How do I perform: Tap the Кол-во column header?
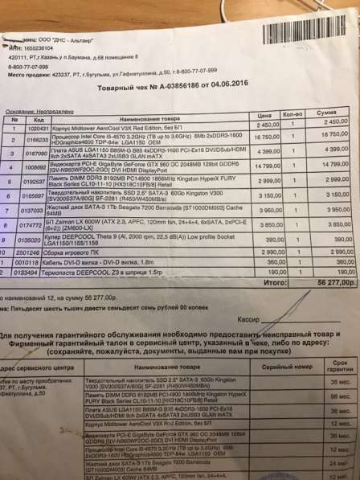294,116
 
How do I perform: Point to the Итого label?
275,282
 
